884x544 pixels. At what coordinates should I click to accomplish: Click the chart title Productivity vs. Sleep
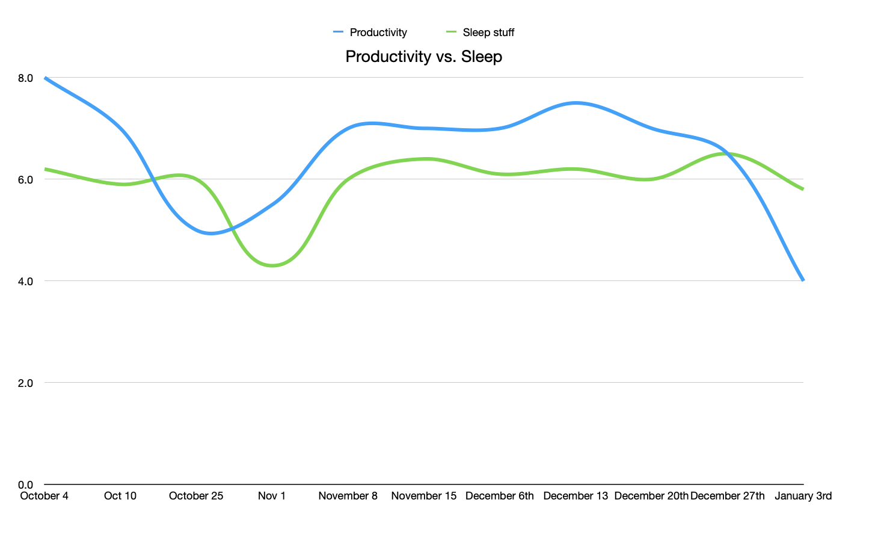pyautogui.click(x=423, y=57)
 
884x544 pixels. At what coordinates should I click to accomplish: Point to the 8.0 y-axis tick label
pyautogui.click(x=25, y=78)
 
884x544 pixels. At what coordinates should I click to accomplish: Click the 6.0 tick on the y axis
pyautogui.click(x=25, y=180)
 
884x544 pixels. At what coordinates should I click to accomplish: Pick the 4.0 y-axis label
pyautogui.click(x=25, y=282)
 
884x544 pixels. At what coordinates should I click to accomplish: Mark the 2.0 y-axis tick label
pyautogui.click(x=25, y=383)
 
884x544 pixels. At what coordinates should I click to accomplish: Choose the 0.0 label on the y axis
pyautogui.click(x=25, y=485)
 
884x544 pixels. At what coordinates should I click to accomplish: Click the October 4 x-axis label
pyautogui.click(x=44, y=496)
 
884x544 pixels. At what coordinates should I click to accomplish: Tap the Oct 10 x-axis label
pyautogui.click(x=120, y=496)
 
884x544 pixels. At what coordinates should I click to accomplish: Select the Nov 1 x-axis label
pyautogui.click(x=272, y=496)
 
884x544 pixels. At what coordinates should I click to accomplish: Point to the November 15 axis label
pyautogui.click(x=423, y=496)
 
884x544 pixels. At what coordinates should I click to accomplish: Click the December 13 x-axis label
pyautogui.click(x=576, y=496)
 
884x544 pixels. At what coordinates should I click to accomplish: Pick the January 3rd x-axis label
pyautogui.click(x=803, y=496)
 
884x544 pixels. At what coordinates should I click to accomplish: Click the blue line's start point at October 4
pyautogui.click(x=45, y=78)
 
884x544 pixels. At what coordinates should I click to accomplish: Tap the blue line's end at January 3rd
pyautogui.click(x=803, y=280)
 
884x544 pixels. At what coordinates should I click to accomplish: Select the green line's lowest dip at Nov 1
pyautogui.click(x=272, y=265)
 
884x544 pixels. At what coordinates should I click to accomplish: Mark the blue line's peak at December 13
pyautogui.click(x=576, y=103)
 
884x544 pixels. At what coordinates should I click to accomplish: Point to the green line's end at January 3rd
pyautogui.click(x=803, y=189)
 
